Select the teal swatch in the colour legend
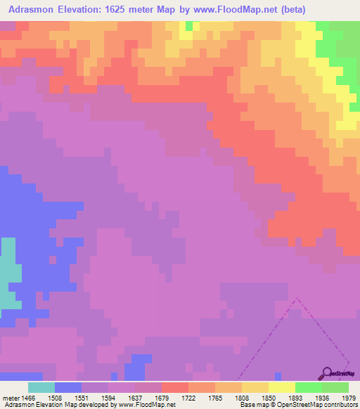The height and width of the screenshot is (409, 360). (x=41, y=387)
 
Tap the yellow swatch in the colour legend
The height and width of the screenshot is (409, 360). (x=281, y=387)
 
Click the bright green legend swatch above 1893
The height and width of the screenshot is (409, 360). (x=308, y=387)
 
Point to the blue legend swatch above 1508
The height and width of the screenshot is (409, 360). (x=68, y=387)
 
